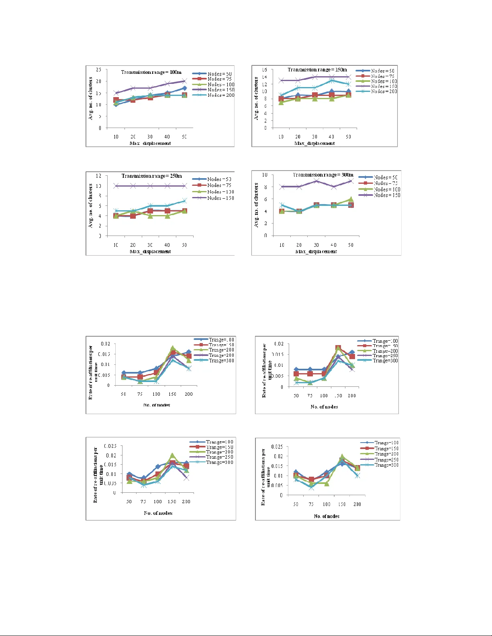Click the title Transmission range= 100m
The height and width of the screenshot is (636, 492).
point(151,72)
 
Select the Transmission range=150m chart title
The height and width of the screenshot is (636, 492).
point(317,70)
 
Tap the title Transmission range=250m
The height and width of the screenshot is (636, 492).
point(152,176)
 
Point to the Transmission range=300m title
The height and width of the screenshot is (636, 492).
point(323,175)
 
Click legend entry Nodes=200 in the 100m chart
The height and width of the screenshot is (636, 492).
point(220,95)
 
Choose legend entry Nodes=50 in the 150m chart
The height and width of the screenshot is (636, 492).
point(382,71)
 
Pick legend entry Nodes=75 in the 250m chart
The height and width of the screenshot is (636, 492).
point(219,185)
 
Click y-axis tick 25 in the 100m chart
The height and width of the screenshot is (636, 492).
point(98,70)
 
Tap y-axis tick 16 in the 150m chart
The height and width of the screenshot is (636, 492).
point(264,70)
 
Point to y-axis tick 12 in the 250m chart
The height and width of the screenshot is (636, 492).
point(98,176)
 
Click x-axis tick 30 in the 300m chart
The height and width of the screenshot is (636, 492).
point(316,245)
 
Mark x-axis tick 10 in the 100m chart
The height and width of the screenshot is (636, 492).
point(116,137)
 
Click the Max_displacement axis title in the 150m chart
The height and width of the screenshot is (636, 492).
point(314,143)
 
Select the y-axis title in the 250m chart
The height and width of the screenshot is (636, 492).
point(90,206)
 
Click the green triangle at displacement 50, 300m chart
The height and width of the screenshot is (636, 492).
point(351,199)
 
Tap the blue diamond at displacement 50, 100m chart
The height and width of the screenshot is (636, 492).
point(184,88)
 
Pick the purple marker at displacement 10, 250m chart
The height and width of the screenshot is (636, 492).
point(116,186)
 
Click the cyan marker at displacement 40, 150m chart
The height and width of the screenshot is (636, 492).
point(331,80)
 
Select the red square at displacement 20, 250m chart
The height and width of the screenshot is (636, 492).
point(133,216)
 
